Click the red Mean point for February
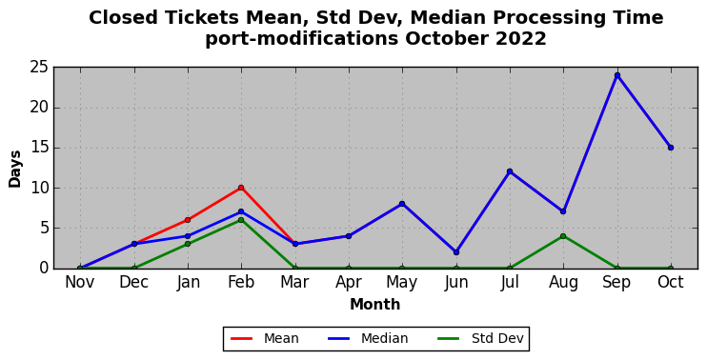(241, 188)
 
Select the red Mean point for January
(188, 220)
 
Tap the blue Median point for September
(617, 75)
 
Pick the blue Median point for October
(671, 148)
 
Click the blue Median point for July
(510, 171)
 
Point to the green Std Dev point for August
(563, 236)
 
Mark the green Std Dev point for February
(241, 220)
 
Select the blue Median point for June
(456, 252)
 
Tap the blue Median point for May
(402, 204)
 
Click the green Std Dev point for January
(188, 244)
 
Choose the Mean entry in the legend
(265, 338)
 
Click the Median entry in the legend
(368, 338)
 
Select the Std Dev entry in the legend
(480, 338)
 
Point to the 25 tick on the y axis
(39, 68)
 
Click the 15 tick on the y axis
(39, 148)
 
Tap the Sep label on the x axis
(616, 283)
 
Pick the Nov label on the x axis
(80, 283)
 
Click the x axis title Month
(375, 305)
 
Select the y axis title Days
(15, 169)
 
